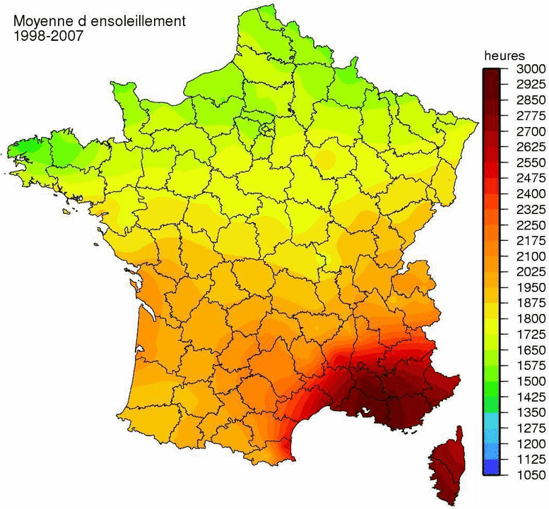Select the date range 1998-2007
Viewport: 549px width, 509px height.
48,35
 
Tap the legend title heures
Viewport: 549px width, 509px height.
504,54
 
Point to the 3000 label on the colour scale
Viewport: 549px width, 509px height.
526,69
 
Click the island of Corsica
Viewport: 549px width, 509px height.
446,466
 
